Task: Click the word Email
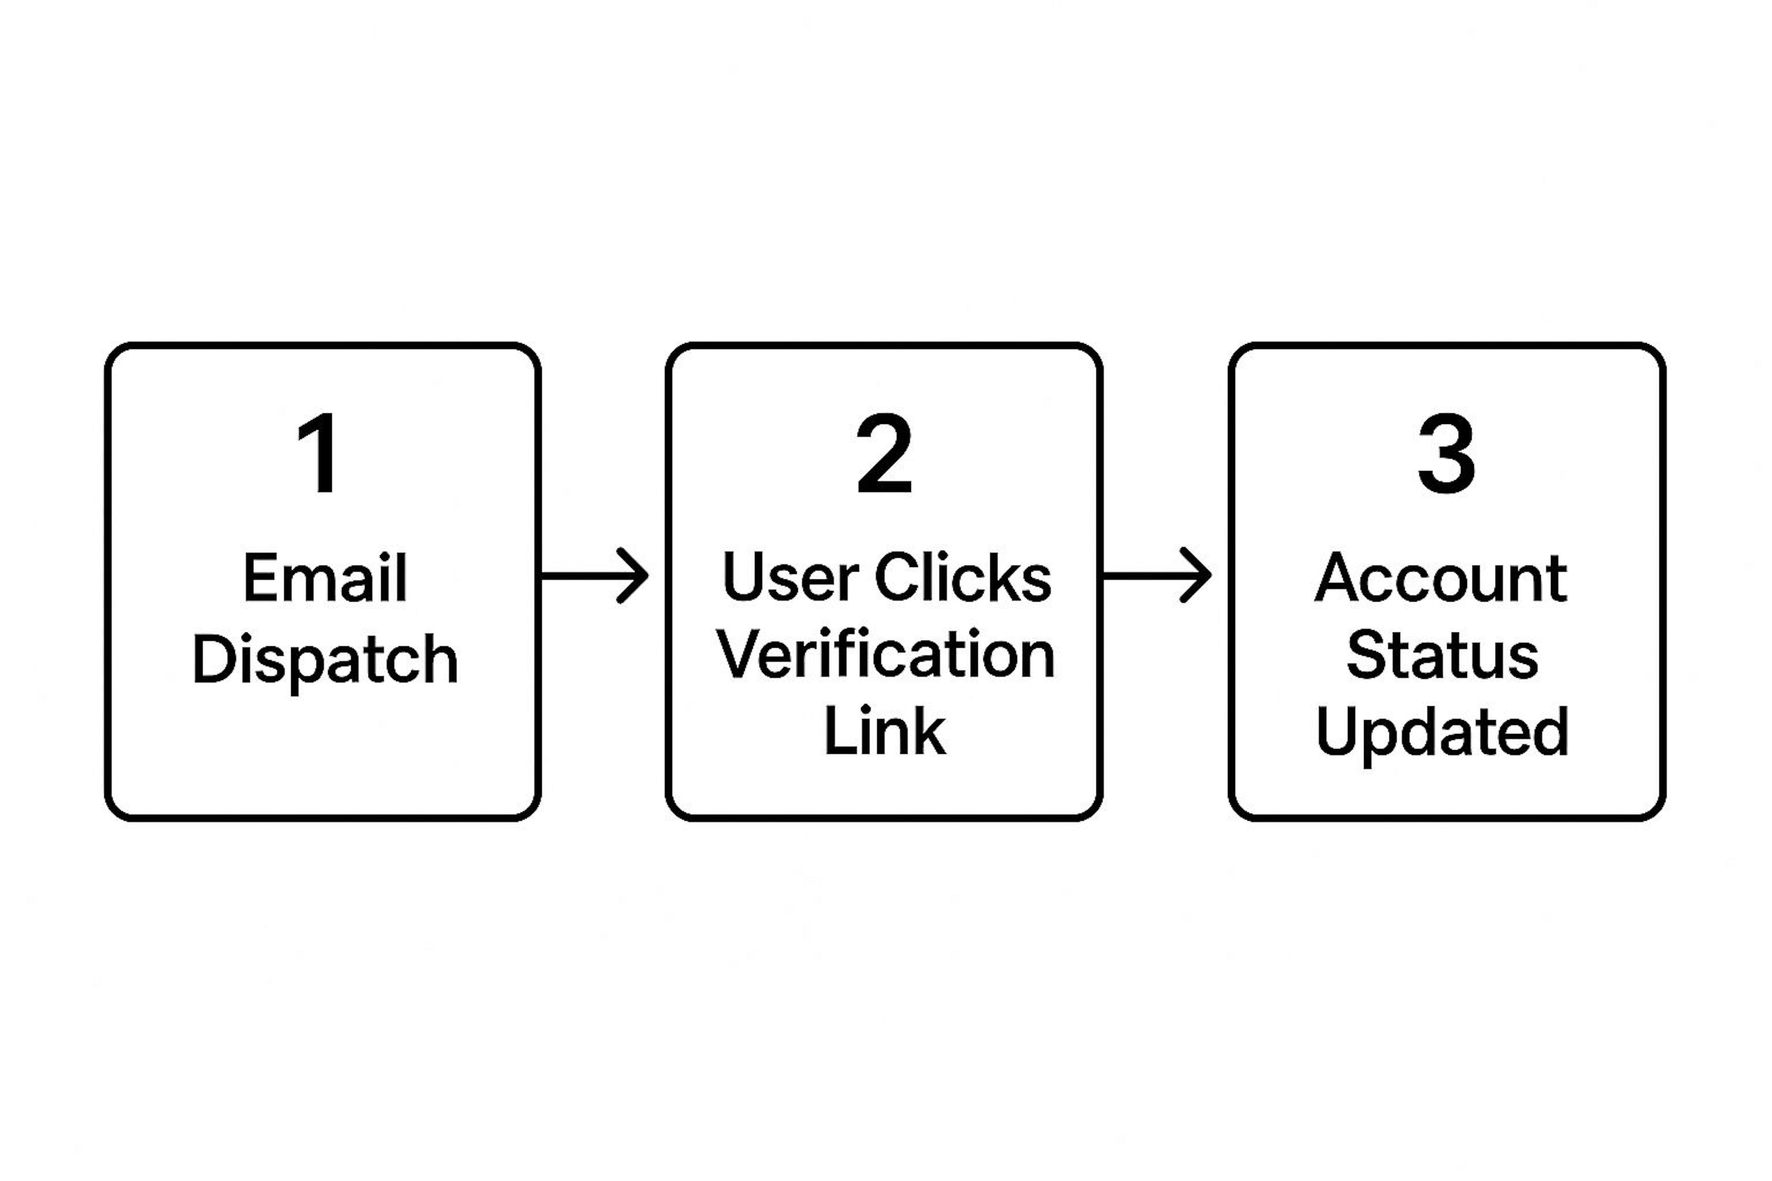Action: [x=325, y=578]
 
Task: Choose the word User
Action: [x=790, y=578]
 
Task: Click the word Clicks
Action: [x=963, y=578]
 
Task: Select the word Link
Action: [x=885, y=731]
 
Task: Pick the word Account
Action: [x=1441, y=578]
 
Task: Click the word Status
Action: [x=1442, y=655]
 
